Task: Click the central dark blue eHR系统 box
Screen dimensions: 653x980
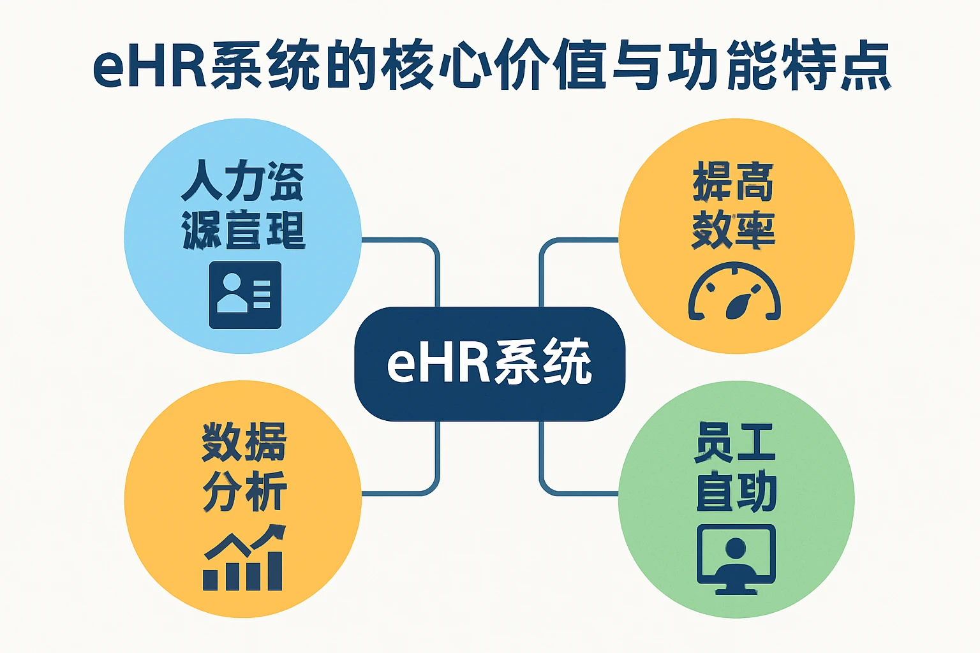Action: point(489,363)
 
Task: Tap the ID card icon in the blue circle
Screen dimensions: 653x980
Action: point(245,295)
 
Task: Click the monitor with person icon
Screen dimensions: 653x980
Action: point(736,559)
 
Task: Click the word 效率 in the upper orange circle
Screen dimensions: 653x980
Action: point(734,230)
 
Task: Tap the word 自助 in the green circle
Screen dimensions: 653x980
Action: point(736,492)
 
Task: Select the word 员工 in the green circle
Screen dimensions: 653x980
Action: point(735,442)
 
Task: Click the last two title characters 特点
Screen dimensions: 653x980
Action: point(836,66)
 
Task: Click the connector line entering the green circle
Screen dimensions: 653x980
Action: point(581,493)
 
